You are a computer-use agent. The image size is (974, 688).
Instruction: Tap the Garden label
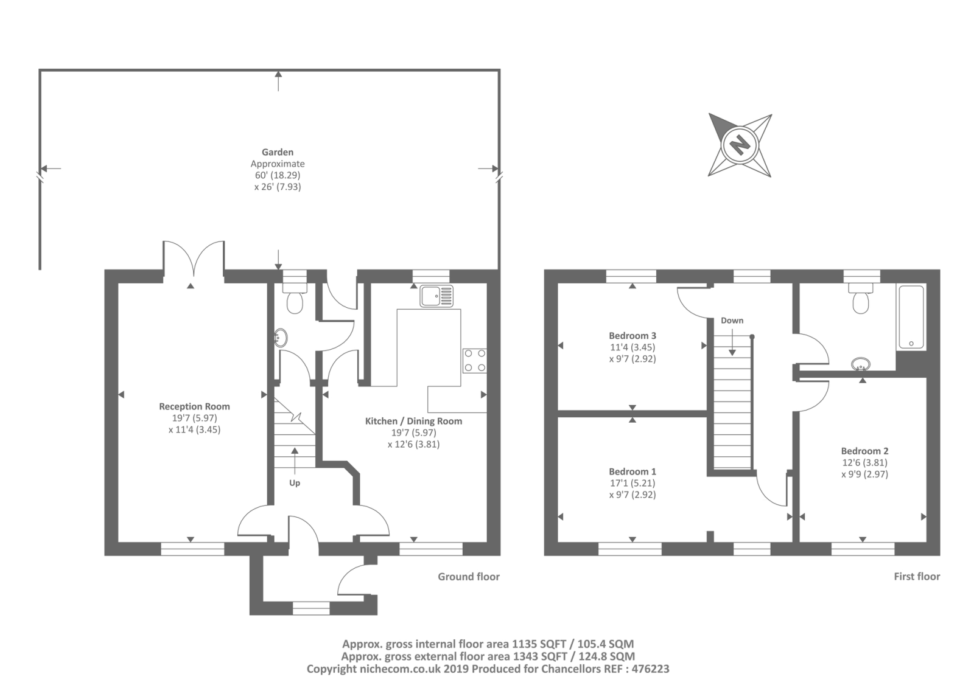[278, 152]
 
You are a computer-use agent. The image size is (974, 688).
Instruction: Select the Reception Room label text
[194, 406]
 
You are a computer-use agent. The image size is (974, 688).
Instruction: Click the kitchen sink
[436, 296]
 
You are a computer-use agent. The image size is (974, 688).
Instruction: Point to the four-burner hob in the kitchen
[475, 361]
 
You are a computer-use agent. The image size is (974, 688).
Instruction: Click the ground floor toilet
[295, 297]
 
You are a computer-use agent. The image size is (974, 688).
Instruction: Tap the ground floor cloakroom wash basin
[281, 337]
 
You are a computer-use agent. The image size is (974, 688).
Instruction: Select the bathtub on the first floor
[911, 318]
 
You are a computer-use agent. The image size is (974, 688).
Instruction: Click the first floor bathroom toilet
[861, 298]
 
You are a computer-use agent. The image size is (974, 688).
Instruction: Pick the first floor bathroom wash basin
[861, 364]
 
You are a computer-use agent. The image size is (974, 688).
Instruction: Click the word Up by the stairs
[295, 483]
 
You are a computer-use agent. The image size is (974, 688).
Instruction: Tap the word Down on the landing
[732, 321]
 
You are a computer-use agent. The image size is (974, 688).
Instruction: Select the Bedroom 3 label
[632, 336]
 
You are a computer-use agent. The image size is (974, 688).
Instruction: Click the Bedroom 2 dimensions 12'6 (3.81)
[864, 462]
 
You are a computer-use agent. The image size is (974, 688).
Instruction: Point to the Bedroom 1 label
[632, 471]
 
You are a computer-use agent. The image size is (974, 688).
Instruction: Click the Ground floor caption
[469, 577]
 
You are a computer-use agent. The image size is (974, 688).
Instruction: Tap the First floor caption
[917, 576]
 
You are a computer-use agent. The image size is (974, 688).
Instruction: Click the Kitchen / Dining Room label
[413, 421]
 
